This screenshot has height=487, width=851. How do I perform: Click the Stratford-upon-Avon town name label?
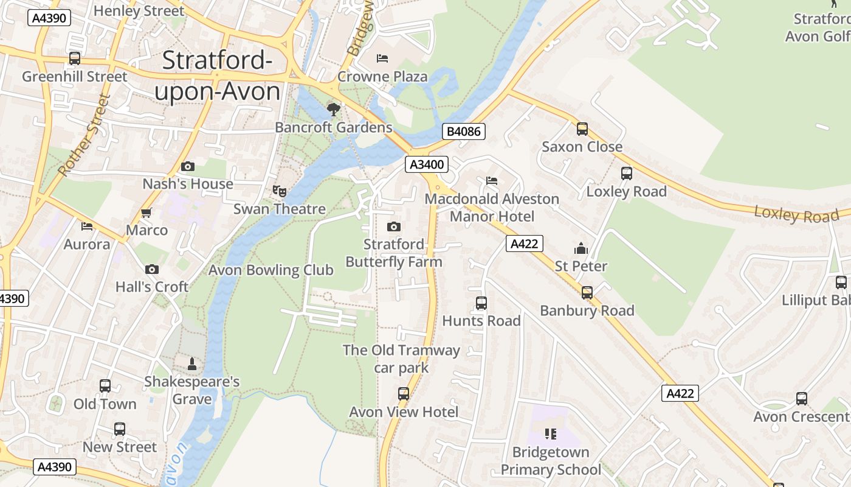(x=217, y=76)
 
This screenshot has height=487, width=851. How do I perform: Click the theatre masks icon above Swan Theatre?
(x=280, y=191)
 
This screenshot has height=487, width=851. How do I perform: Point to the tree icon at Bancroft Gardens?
(x=333, y=110)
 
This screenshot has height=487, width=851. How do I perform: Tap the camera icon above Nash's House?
(x=188, y=166)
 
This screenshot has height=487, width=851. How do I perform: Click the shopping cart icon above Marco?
(x=146, y=212)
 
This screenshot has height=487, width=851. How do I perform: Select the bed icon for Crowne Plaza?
(x=382, y=58)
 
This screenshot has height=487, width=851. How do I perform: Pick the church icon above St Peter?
(x=581, y=248)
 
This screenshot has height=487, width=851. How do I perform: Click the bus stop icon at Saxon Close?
(x=582, y=128)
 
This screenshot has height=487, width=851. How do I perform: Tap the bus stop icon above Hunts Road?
(x=481, y=303)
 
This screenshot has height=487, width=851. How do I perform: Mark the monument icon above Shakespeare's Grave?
(x=192, y=364)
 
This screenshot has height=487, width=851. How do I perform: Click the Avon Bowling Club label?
(x=271, y=270)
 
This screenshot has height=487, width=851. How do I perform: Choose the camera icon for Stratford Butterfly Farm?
(x=394, y=226)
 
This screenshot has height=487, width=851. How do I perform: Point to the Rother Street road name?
(x=84, y=135)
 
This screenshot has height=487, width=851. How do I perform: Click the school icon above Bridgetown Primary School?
(x=551, y=434)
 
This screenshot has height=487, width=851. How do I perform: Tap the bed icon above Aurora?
(x=87, y=226)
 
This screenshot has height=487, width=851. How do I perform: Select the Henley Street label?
(x=139, y=11)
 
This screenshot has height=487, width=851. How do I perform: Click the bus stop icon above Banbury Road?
(x=587, y=292)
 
